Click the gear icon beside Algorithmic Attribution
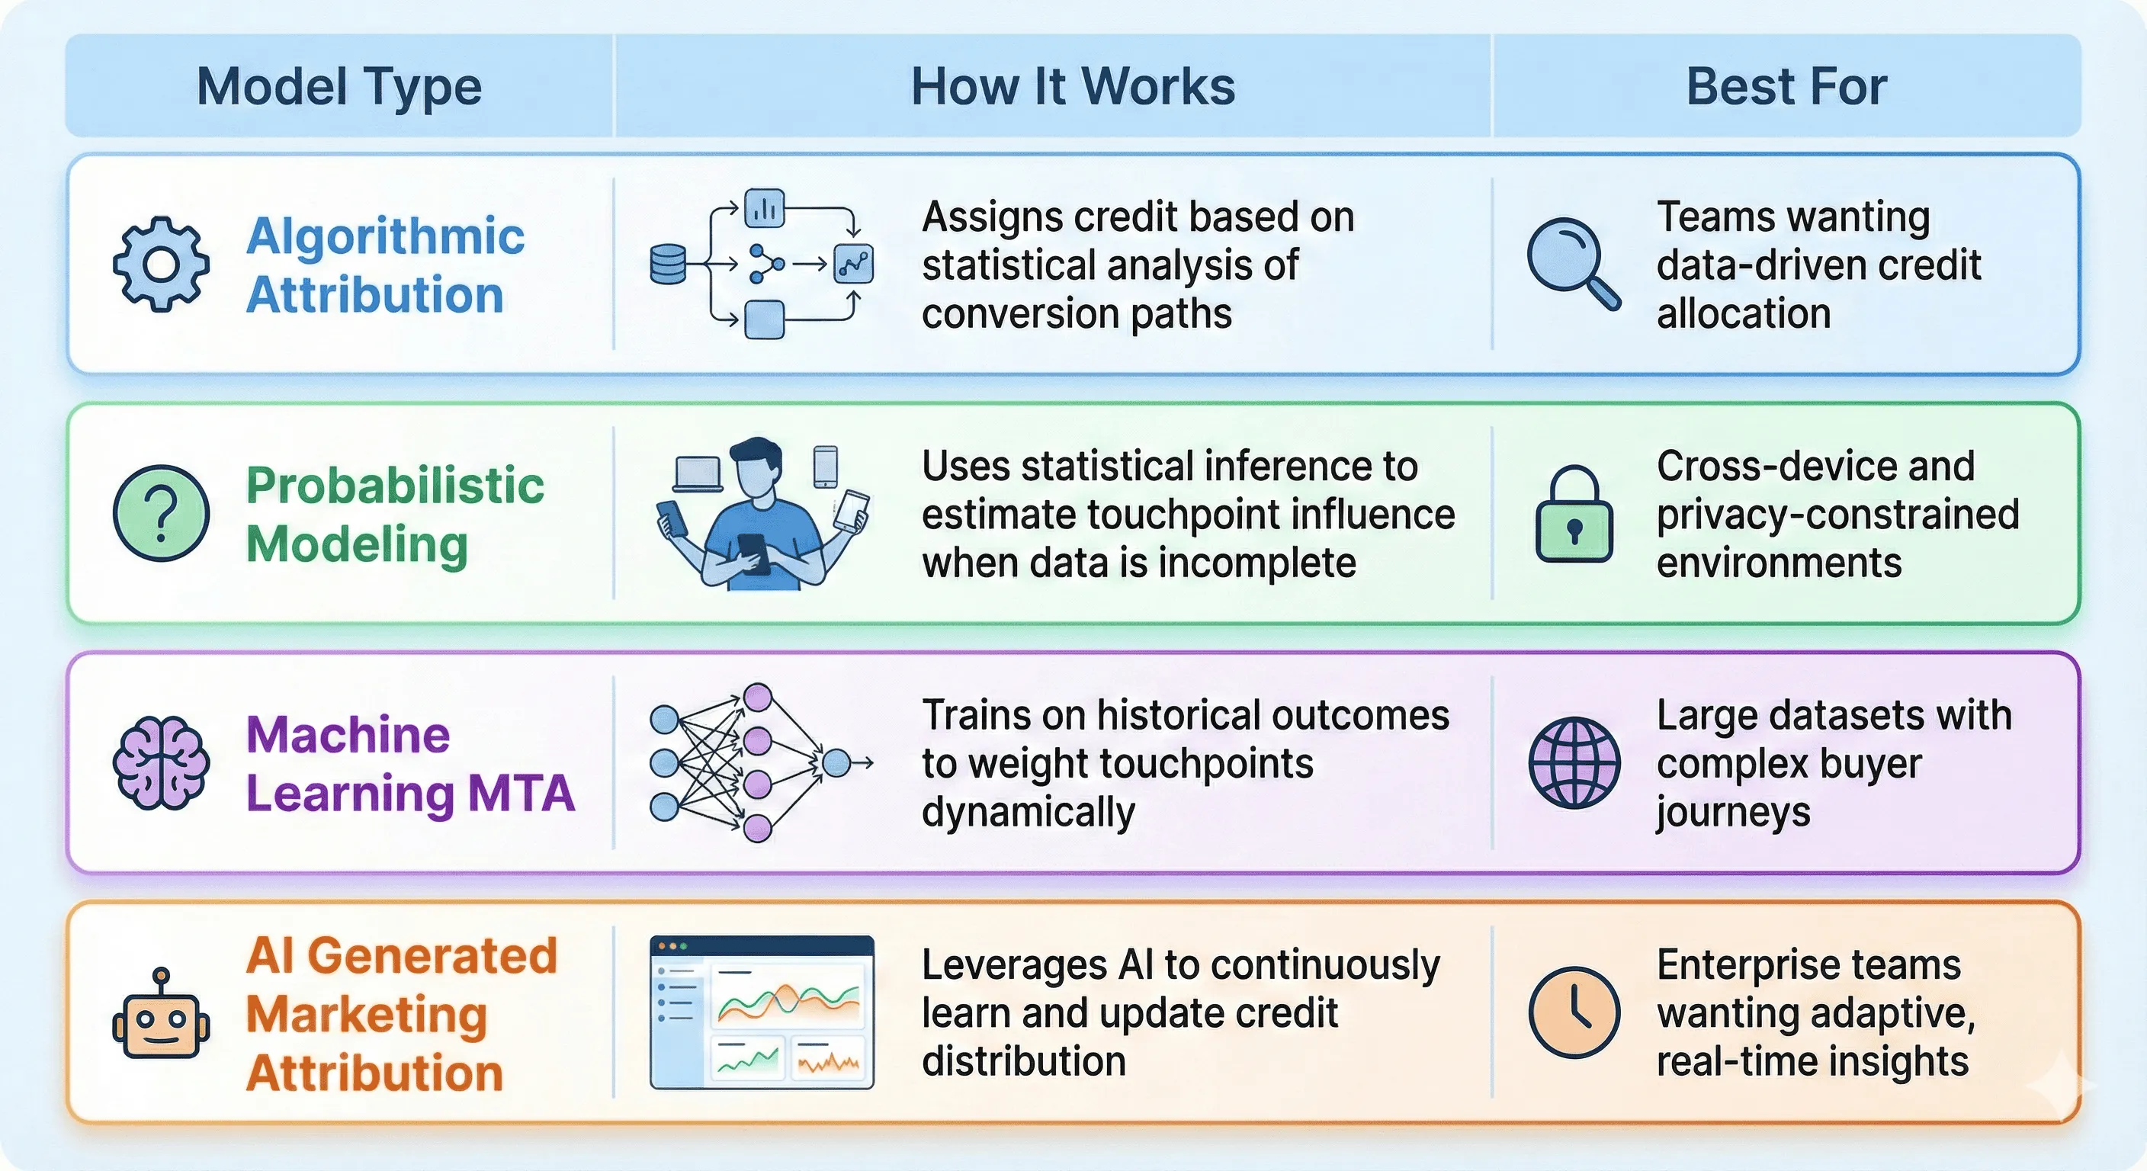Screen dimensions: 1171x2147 tap(161, 265)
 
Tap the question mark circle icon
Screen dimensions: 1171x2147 tap(161, 512)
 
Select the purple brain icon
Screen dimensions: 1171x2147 tap(161, 762)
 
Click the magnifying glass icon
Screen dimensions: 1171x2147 tap(1572, 262)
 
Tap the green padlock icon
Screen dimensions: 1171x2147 tap(1574, 515)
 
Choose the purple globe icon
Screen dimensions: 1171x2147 tap(1574, 762)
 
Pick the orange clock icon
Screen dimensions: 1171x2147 tap(1574, 1012)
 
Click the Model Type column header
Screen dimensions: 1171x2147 tap(339, 86)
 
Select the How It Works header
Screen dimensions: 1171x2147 tap(1073, 86)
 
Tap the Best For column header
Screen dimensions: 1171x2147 tap(1786, 86)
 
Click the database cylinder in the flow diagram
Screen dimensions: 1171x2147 tap(667, 265)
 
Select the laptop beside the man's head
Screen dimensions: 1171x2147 tap(697, 474)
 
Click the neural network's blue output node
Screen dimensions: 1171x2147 tap(836, 762)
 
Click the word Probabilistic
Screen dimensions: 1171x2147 tap(394, 485)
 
